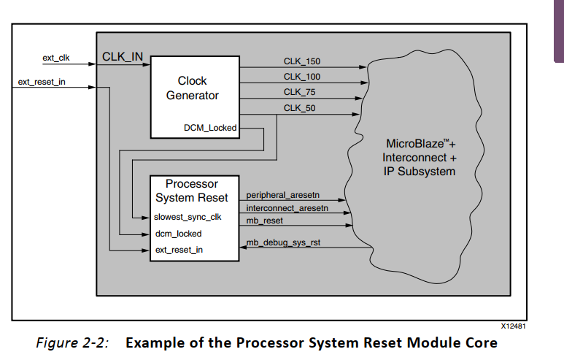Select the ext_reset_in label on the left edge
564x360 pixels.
click(42, 81)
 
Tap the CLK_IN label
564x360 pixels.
click(122, 55)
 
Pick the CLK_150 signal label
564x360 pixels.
click(302, 60)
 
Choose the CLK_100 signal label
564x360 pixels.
click(302, 76)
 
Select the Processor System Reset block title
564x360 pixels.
click(192, 191)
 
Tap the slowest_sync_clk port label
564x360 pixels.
click(188, 217)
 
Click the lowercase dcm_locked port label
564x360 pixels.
click(178, 234)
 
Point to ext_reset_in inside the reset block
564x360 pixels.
click(179, 250)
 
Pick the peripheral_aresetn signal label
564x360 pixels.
click(282, 196)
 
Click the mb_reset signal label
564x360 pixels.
click(264, 220)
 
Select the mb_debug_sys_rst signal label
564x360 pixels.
click(283, 242)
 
